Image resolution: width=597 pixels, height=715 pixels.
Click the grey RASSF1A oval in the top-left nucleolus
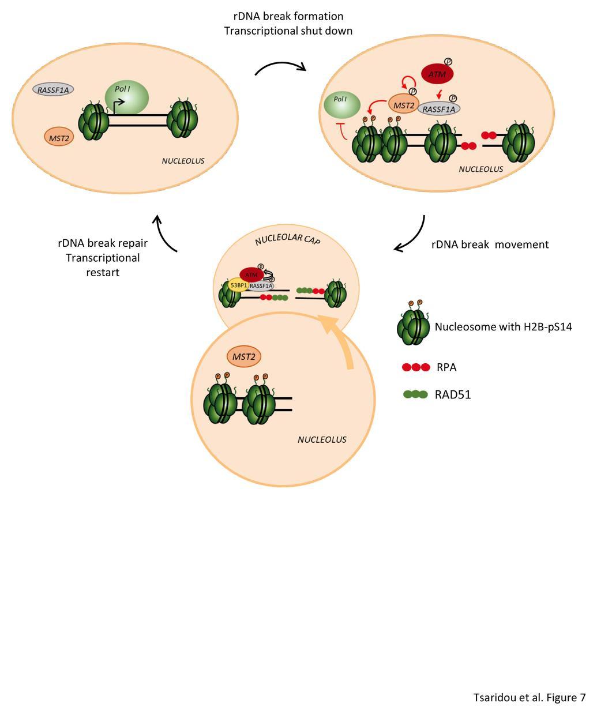point(53,89)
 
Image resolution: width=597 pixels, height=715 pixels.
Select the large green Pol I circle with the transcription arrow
point(127,96)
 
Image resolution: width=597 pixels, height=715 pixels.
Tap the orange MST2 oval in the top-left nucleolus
point(59,136)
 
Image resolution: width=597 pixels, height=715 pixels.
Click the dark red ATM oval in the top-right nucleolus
point(437,73)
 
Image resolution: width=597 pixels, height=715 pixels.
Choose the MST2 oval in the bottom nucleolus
point(244,357)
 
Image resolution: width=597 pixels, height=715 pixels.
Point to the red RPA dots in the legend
point(416,367)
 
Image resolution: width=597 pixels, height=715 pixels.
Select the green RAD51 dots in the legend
point(415,395)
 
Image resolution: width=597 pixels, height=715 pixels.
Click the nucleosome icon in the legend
point(413,326)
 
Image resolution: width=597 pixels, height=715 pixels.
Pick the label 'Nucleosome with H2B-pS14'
point(503,327)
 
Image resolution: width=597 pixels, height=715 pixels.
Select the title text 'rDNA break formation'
point(288,16)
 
